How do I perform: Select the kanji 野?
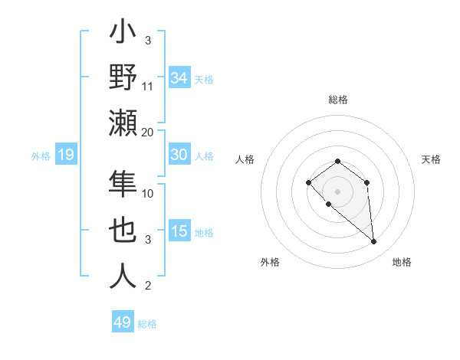[123, 77]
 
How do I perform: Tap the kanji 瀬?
[123, 123]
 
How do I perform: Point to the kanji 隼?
[123, 185]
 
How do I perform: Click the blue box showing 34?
[179, 78]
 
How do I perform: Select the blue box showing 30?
[179, 155]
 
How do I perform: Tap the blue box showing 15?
[179, 231]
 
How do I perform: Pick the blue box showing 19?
[66, 155]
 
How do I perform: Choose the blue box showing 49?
[123, 322]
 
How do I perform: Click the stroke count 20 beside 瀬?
[148, 132]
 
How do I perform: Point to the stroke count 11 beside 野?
[148, 87]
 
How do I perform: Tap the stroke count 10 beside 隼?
[148, 194]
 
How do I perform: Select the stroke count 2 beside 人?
[148, 286]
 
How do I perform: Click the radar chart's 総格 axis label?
[338, 100]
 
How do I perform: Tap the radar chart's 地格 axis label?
[402, 263]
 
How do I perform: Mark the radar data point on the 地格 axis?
[374, 242]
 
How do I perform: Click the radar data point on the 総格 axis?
[338, 161]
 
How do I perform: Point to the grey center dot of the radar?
[338, 191]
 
